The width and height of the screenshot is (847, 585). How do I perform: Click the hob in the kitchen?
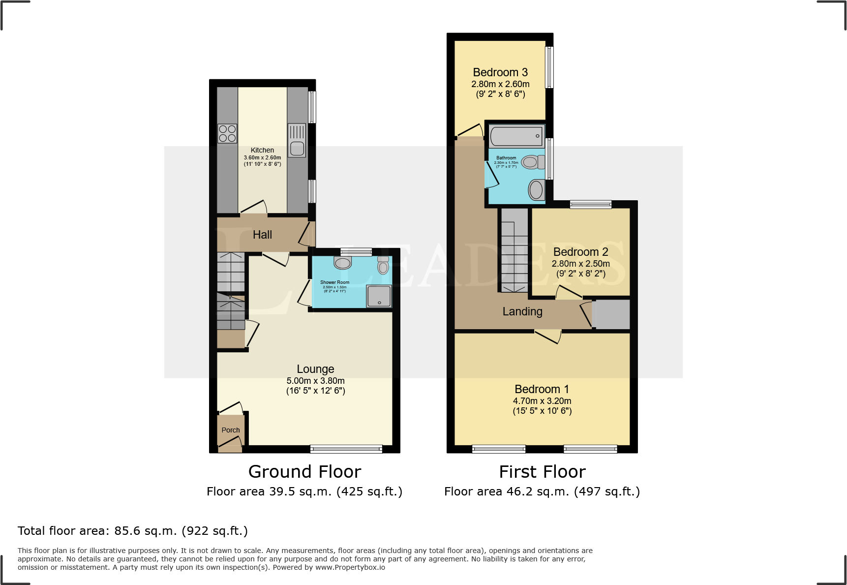(227, 133)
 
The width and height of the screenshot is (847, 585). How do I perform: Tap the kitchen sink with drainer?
(297, 141)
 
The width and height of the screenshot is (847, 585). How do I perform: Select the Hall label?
(262, 235)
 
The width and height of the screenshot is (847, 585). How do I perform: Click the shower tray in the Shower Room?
(379, 297)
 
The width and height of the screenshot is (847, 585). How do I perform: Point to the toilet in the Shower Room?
(383, 266)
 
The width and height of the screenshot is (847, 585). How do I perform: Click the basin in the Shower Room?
(342, 263)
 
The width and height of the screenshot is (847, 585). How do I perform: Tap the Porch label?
(231, 430)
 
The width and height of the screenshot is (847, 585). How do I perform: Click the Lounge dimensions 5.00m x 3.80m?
(315, 381)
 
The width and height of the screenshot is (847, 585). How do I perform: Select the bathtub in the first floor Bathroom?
(516, 136)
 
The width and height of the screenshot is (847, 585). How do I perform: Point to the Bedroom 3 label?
(500, 73)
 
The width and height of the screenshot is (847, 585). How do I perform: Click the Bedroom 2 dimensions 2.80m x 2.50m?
(580, 264)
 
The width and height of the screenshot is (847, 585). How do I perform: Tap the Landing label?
(522, 311)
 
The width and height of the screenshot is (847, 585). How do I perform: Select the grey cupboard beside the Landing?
(611, 314)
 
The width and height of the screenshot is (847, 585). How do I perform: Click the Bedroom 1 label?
(542, 389)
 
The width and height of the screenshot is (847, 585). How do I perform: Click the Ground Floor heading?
(304, 472)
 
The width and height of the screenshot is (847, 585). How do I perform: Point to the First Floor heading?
(542, 472)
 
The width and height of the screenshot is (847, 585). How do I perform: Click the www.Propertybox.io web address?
(350, 567)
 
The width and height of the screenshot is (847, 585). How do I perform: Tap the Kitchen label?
(262, 150)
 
